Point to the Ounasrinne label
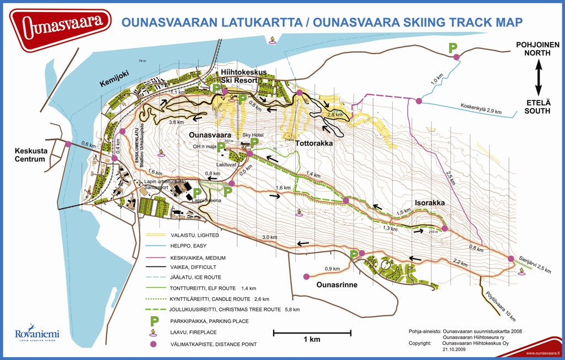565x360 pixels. pyautogui.click(x=338, y=286)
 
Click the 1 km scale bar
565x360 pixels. pyautogui.click(x=312, y=333)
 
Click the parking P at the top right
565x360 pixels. pyautogui.click(x=453, y=48)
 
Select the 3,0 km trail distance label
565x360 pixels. pyautogui.click(x=269, y=237)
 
